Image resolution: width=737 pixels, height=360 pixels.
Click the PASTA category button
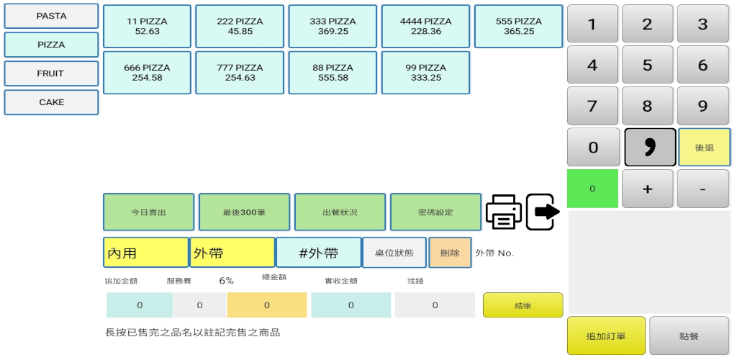[x=51, y=16]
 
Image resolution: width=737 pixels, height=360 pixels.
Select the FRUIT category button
[x=51, y=73]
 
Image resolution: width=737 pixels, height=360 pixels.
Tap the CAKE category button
[x=51, y=102]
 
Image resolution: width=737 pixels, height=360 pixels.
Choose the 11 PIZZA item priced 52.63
[x=148, y=27]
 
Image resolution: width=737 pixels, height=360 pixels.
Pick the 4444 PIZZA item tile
[x=425, y=27]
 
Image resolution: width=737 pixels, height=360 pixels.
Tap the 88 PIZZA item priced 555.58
[x=333, y=73]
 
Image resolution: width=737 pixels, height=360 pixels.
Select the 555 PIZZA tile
[x=518, y=27]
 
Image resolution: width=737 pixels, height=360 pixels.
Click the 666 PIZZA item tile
[x=148, y=73]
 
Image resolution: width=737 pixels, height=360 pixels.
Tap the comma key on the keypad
[x=650, y=148]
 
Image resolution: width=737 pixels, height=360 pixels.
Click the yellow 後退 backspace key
[x=705, y=148]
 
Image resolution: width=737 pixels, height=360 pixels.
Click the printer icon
[x=504, y=212]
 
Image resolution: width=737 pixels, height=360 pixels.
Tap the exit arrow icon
[x=544, y=212]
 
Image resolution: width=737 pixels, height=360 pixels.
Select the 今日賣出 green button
[x=148, y=212]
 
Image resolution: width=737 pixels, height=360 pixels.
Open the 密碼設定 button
[x=435, y=212]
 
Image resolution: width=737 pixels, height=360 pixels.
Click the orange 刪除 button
[x=450, y=253]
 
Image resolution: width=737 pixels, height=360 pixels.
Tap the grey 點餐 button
[x=689, y=336]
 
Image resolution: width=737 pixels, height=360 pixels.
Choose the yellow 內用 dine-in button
[x=145, y=253]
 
